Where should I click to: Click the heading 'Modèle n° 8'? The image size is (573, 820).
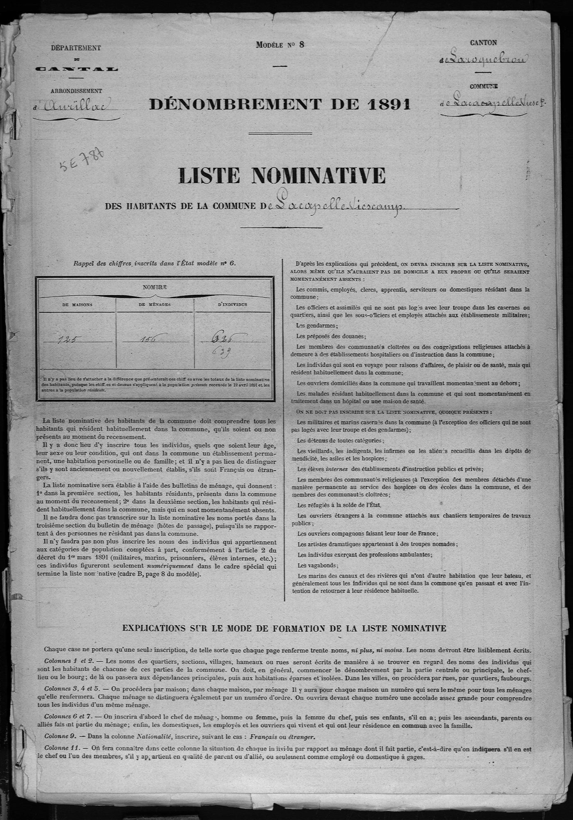point(280,45)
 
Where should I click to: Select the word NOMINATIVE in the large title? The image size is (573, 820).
point(318,175)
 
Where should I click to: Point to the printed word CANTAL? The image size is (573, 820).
point(76,68)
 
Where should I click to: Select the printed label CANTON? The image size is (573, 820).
point(484,42)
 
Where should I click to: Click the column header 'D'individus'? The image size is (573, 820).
point(232,305)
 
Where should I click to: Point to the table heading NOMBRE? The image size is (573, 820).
point(155,287)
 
